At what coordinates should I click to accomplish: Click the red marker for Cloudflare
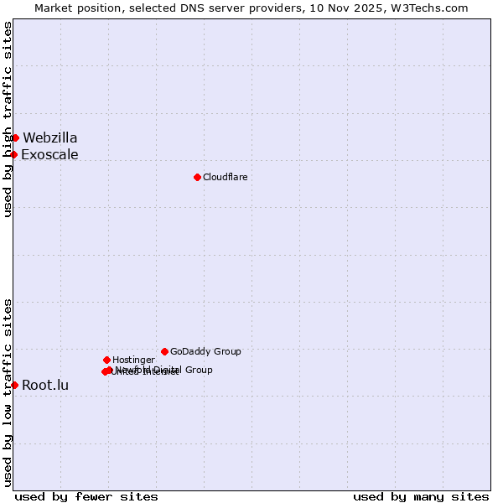click(197, 177)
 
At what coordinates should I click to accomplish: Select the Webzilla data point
click(15, 137)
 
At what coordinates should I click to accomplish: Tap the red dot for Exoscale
click(14, 154)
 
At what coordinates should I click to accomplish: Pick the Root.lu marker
click(14, 385)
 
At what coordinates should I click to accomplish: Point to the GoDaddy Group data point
click(164, 351)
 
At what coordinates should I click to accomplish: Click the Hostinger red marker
click(106, 360)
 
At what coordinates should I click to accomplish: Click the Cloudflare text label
click(225, 177)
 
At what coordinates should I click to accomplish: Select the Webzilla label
click(50, 137)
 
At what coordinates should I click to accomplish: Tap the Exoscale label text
click(49, 154)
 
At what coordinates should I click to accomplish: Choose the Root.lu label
click(45, 386)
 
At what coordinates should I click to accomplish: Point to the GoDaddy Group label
click(205, 351)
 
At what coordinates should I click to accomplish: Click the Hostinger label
click(133, 360)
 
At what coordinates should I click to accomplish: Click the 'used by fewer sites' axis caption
click(86, 496)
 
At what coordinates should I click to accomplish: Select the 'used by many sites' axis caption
click(421, 496)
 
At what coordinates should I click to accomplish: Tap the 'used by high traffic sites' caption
click(8, 119)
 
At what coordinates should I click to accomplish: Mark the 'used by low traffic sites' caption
click(8, 392)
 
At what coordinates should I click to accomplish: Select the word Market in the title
click(54, 8)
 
